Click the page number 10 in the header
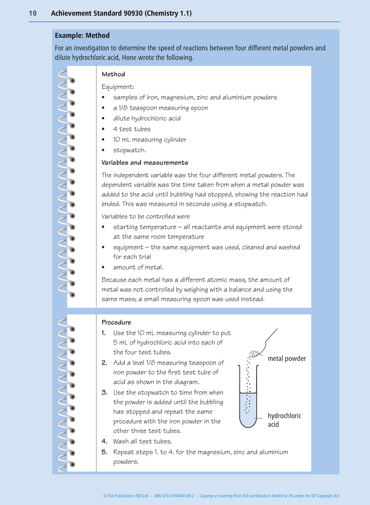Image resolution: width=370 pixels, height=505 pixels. [33, 13]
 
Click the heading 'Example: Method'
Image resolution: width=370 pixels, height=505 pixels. [82, 36]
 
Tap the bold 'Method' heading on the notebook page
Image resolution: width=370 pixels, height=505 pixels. [113, 74]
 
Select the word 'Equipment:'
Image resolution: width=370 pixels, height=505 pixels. [118, 87]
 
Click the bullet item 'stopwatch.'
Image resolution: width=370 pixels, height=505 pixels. [130, 150]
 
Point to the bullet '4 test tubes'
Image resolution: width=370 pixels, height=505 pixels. [132, 129]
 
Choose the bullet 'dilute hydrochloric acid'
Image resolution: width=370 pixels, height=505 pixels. [147, 118]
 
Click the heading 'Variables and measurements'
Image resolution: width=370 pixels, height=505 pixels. [145, 163]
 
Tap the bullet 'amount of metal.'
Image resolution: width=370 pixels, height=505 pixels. [138, 267]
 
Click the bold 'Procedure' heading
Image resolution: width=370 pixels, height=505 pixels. [116, 322]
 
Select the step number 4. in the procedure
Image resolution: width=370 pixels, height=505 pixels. [104, 441]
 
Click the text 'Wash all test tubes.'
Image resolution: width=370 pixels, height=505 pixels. [142, 442]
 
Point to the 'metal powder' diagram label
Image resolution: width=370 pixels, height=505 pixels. [287, 359]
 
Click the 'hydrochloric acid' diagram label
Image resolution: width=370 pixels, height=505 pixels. [284, 420]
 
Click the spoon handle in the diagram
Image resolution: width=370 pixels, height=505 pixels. [271, 335]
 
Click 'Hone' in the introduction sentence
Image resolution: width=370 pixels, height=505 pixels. [129, 58]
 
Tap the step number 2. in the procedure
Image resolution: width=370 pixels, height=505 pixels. [104, 363]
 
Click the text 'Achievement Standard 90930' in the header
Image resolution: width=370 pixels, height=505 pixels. [97, 13]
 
